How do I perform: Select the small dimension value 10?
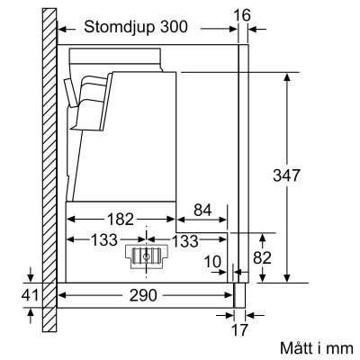pyautogui.click(x=213, y=261)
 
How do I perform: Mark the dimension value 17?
pyautogui.click(x=239, y=330)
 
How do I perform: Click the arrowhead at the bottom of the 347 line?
pyautogui.click(x=286, y=275)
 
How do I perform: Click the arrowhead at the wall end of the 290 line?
pyautogui.click(x=63, y=294)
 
